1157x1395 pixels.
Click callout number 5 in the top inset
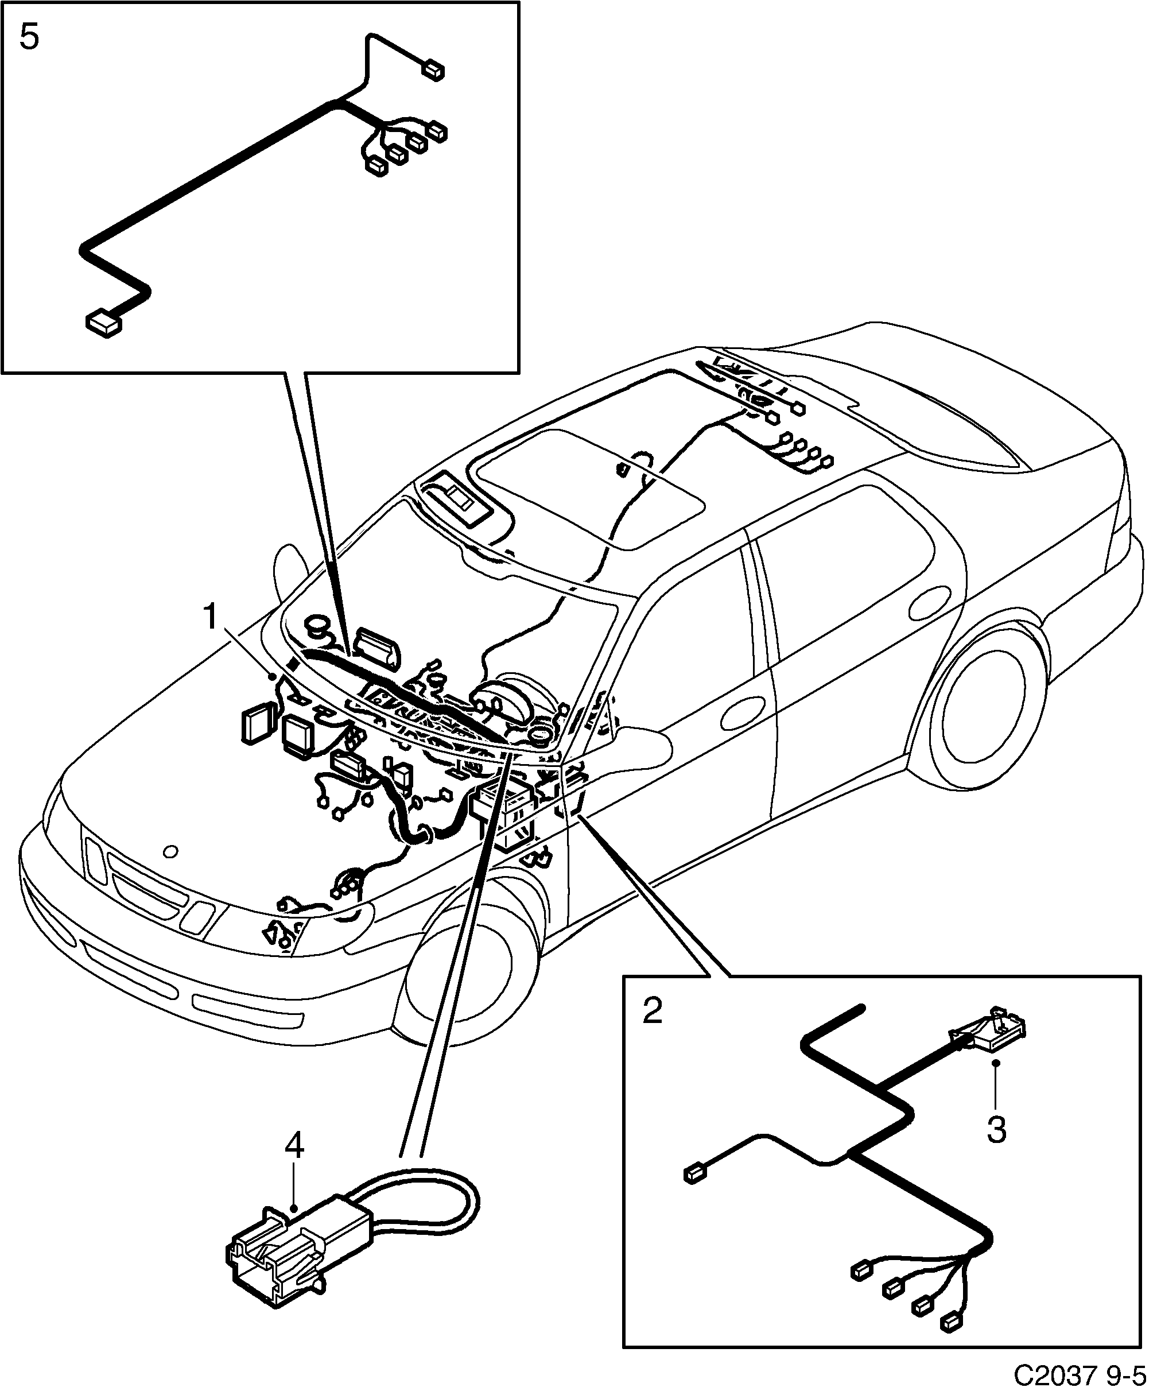[29, 37]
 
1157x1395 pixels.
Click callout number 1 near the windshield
[211, 617]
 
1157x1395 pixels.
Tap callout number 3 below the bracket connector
[996, 1129]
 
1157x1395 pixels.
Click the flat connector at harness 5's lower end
[104, 324]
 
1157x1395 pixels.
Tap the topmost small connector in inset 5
[434, 71]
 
